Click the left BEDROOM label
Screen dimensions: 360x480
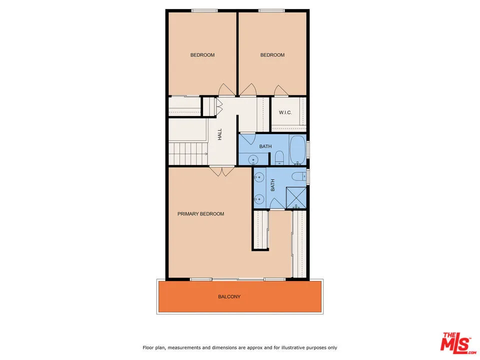[202, 55]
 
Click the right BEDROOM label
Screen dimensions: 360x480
[272, 55]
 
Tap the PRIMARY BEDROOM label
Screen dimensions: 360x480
[201, 214]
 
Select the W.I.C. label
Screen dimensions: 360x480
[285, 112]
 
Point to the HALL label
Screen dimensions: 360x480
[219, 134]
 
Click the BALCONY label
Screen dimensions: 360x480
[229, 296]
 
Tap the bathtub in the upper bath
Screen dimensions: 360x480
[297, 150]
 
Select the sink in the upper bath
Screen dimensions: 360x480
[253, 159]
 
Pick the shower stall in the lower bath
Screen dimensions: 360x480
[296, 198]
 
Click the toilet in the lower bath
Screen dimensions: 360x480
[298, 176]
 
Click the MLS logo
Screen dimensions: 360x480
[456, 343]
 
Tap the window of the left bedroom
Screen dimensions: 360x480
[204, 10]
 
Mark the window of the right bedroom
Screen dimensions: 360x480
[271, 10]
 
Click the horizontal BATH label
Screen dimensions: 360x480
[265, 146]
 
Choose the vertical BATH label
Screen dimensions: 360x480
[273, 185]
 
